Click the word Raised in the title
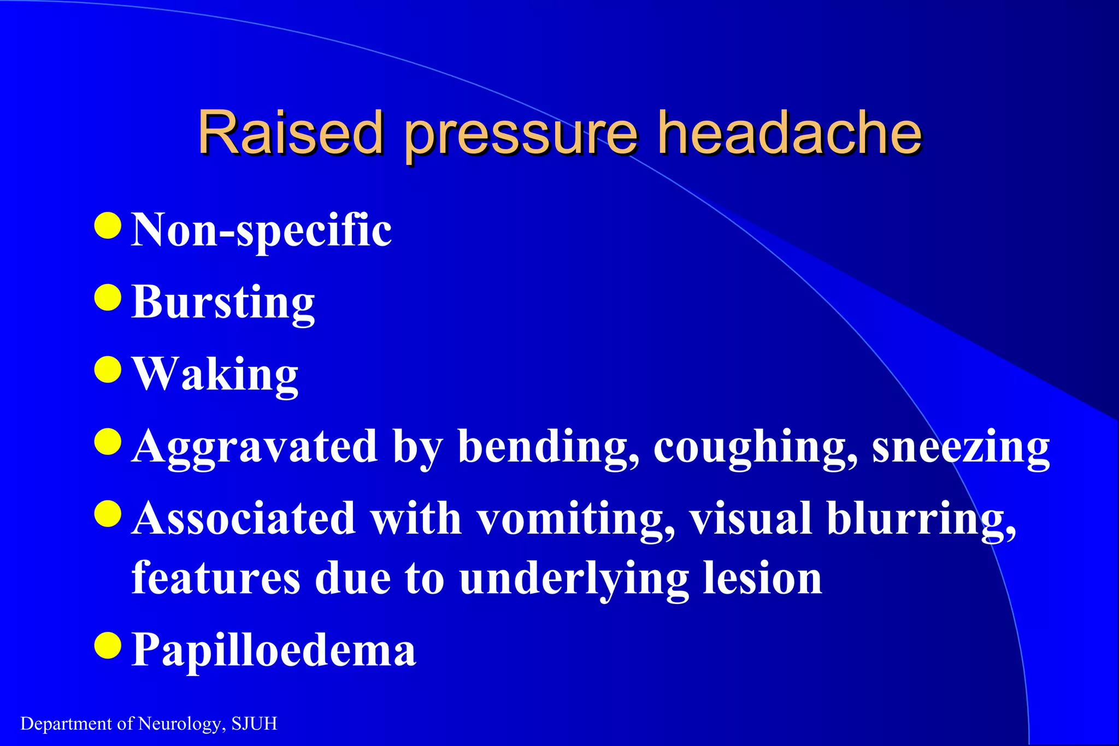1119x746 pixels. point(290,133)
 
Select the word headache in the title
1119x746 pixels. point(789,133)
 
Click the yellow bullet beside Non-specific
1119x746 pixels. point(108,226)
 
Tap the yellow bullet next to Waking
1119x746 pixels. point(108,370)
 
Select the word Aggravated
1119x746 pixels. point(255,448)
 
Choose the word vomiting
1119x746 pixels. point(576,520)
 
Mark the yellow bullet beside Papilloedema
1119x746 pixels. point(108,646)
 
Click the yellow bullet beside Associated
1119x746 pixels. point(108,514)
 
